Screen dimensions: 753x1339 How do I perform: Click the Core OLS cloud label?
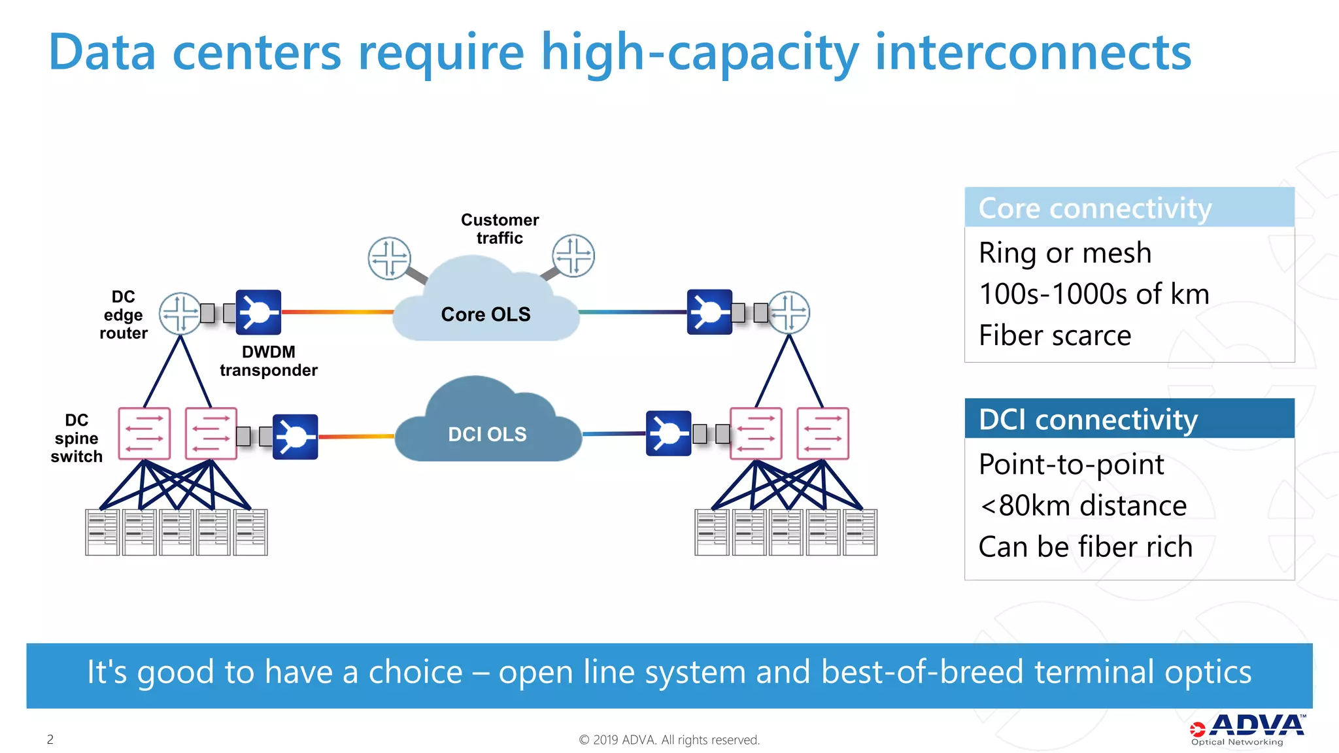[x=486, y=314]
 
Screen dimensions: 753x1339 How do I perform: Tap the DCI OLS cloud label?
[x=487, y=434]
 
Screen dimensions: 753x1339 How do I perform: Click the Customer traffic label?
[x=500, y=229]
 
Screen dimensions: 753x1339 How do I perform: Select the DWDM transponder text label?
[x=268, y=361]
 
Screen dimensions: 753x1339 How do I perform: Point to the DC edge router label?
[x=123, y=315]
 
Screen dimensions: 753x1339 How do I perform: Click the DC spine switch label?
[x=76, y=438]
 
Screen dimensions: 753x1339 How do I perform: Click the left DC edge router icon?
[x=180, y=313]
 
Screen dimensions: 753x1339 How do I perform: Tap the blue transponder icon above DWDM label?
[x=258, y=312]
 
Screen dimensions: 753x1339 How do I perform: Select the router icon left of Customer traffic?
[x=389, y=258]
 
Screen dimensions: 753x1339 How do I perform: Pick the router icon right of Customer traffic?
[x=573, y=256]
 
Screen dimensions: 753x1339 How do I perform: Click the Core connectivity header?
[x=1095, y=209]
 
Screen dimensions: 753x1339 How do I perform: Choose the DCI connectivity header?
[x=1089, y=419]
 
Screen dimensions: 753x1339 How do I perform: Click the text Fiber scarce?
[x=1055, y=335]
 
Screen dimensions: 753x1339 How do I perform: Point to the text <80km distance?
[x=1083, y=505]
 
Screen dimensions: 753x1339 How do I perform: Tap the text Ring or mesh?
[x=1064, y=253]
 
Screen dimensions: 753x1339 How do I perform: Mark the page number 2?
[x=50, y=739]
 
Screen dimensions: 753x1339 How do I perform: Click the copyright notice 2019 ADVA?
[x=669, y=739]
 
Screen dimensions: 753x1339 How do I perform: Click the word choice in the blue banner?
[x=415, y=672]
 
